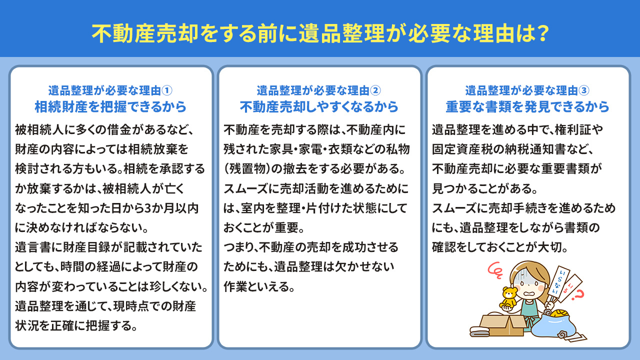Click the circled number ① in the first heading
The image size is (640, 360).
168,90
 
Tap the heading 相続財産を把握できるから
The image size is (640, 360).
110,107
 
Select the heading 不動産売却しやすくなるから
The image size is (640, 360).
319,107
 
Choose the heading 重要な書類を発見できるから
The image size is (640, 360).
527,107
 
